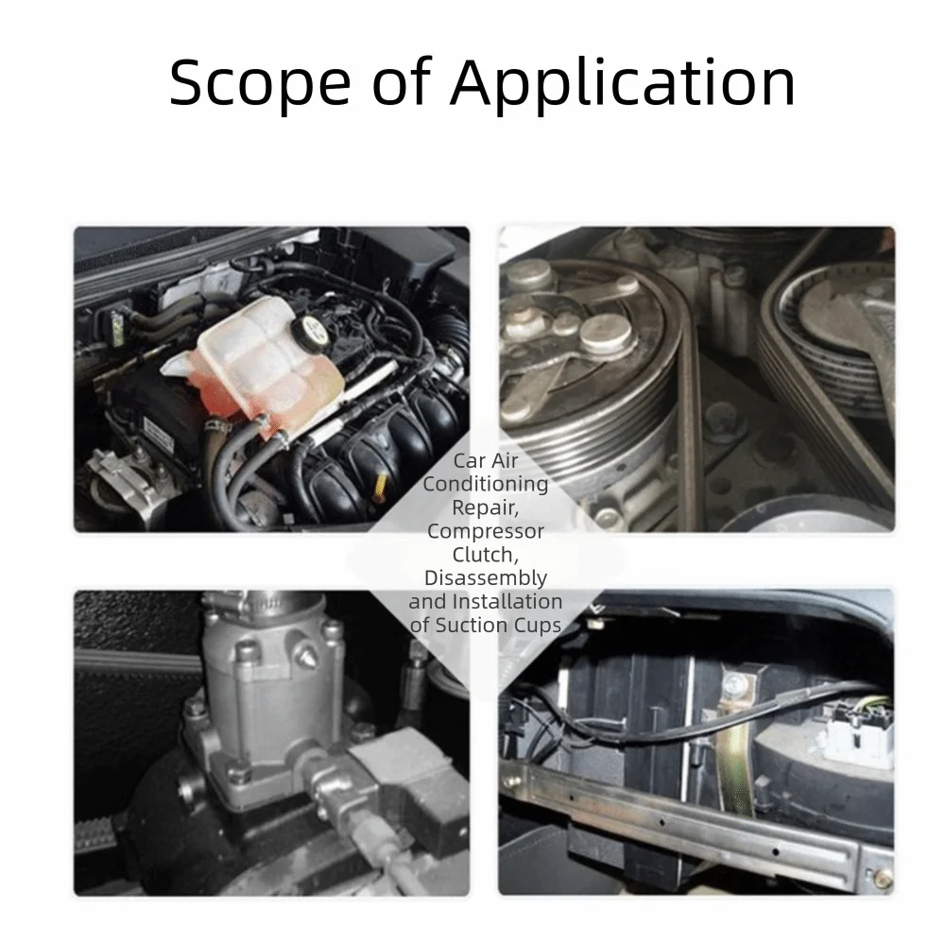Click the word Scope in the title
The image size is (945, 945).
260,82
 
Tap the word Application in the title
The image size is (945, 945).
623,82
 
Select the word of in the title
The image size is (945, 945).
402,82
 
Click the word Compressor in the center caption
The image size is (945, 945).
486,531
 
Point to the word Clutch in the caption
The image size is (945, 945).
484,555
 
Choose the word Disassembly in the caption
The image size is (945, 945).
486,578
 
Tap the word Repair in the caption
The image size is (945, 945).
484,507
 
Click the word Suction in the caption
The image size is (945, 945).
472,625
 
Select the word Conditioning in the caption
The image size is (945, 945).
486,484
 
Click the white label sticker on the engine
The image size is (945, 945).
158,433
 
